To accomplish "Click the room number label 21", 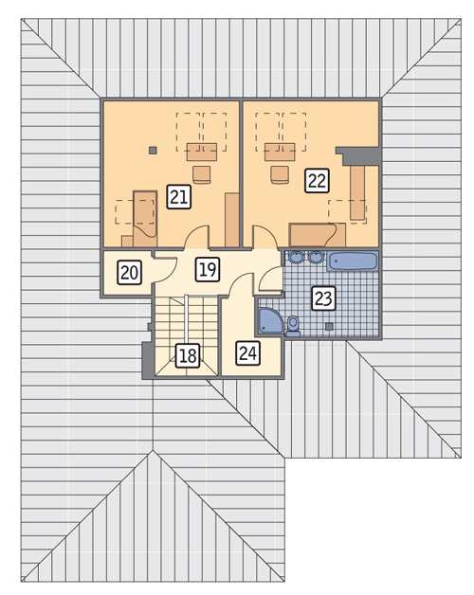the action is point(179,197).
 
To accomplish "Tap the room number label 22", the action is point(318,181).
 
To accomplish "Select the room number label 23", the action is point(323,298).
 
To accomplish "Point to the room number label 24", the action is point(248,353).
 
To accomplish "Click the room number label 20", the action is point(130,272).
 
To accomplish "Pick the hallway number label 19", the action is point(208,269).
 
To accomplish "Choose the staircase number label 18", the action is point(188,356).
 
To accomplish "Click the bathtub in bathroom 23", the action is point(353,261).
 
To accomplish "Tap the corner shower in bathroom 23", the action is point(270,321).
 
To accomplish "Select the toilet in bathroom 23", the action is point(293,327).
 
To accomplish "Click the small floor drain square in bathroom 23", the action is point(329,326).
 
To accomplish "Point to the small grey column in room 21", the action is point(153,151).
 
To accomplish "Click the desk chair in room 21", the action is point(202,175).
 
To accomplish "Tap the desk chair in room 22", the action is point(280,175).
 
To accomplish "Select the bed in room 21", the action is point(145,219).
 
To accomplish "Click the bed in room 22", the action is point(318,235).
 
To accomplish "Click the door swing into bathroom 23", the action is point(270,279).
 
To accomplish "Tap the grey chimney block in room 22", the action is point(360,156).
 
